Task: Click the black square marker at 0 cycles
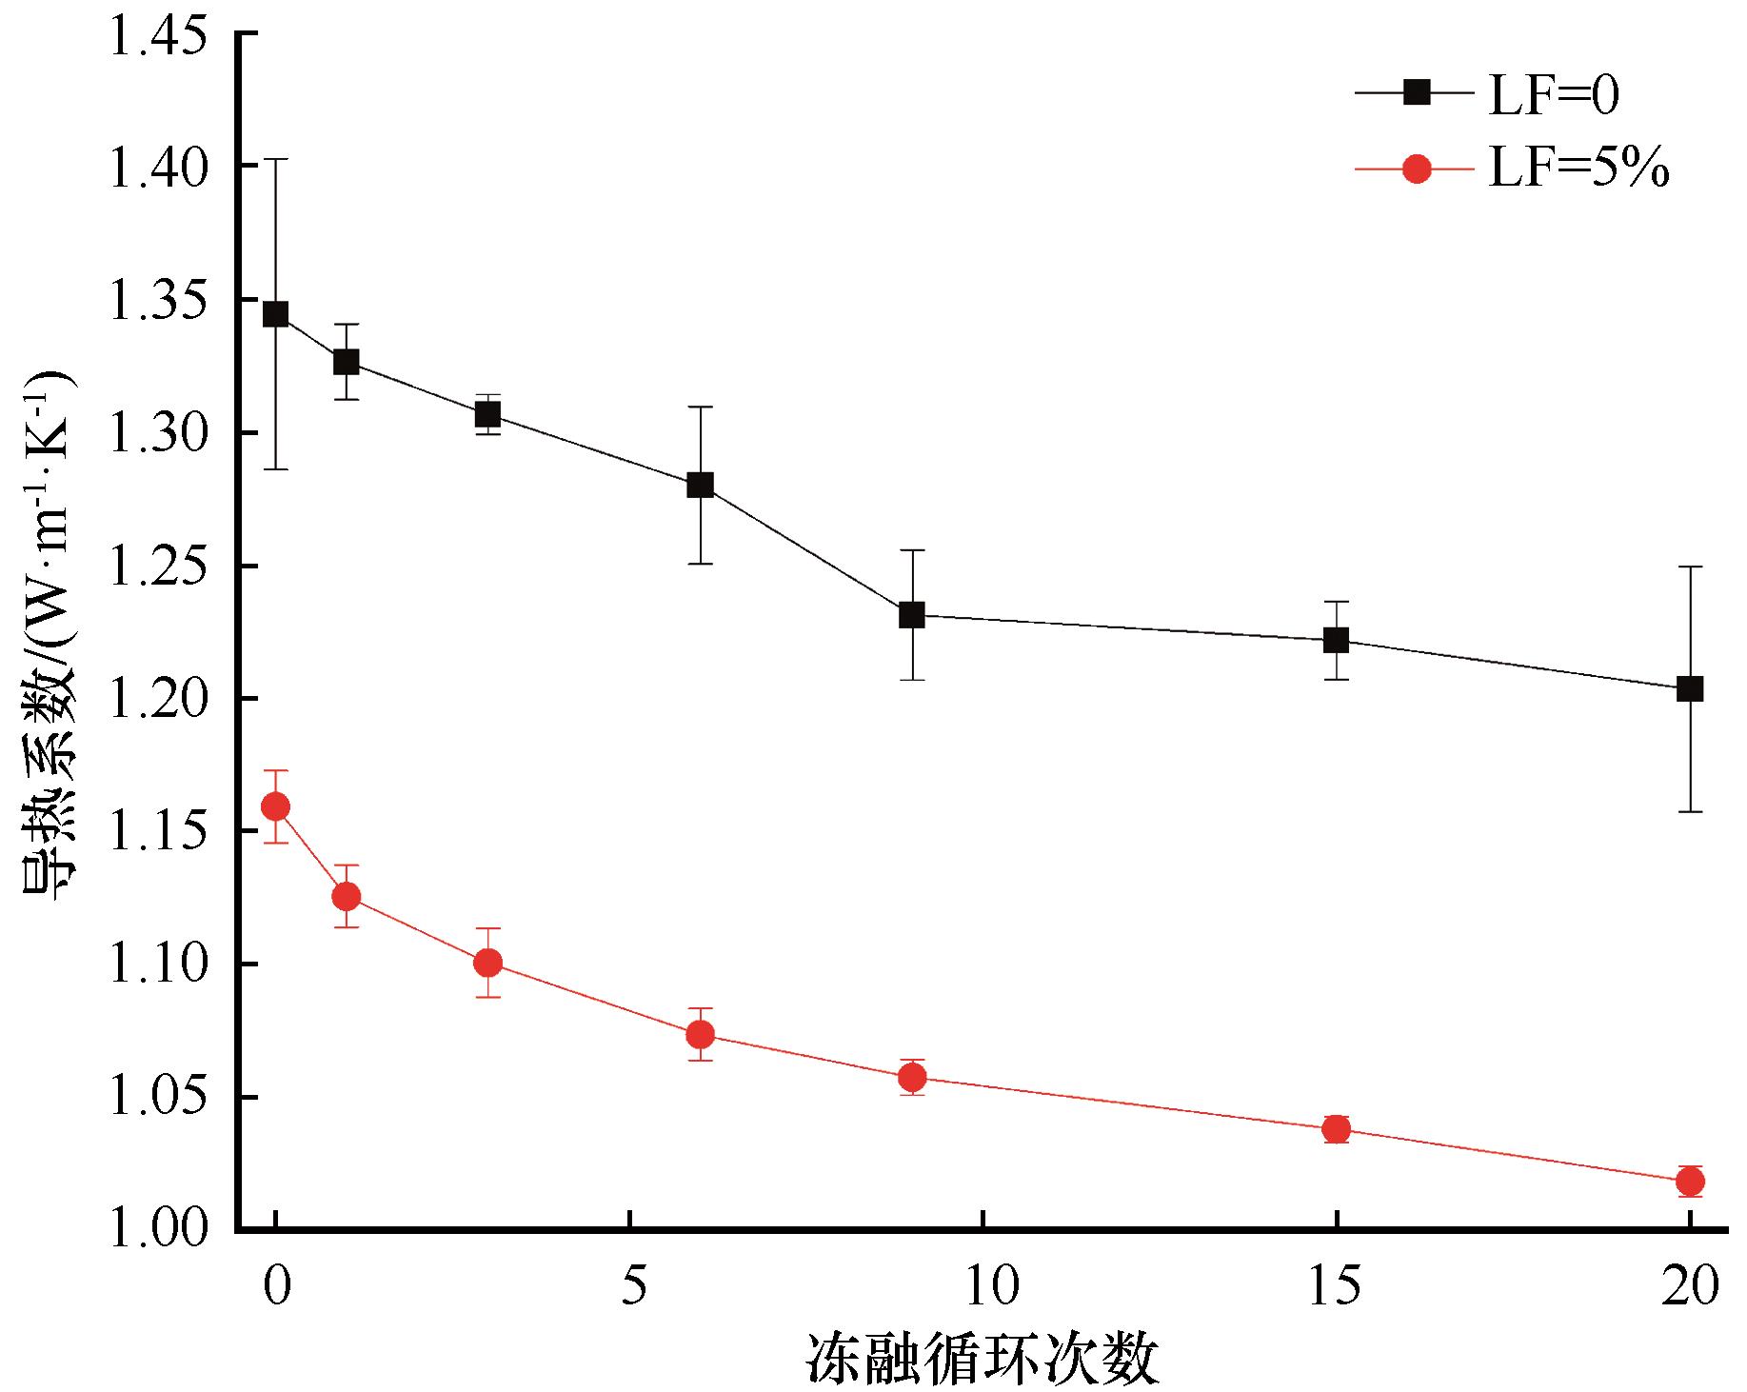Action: click(275, 314)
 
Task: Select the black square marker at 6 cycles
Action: click(700, 485)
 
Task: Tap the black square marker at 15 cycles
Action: click(1337, 640)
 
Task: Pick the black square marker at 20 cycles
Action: click(1690, 688)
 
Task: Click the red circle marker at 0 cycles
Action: click(275, 807)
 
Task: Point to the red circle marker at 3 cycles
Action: click(487, 963)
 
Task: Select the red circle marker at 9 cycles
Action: click(912, 1077)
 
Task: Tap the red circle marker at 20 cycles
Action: click(1690, 1182)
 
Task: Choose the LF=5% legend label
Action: click(1578, 171)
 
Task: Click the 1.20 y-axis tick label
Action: click(158, 700)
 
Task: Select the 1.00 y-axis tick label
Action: click(158, 1229)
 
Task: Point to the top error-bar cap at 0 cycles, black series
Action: click(275, 159)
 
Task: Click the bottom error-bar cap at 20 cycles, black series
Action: click(1690, 811)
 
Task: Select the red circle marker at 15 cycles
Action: click(1337, 1129)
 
